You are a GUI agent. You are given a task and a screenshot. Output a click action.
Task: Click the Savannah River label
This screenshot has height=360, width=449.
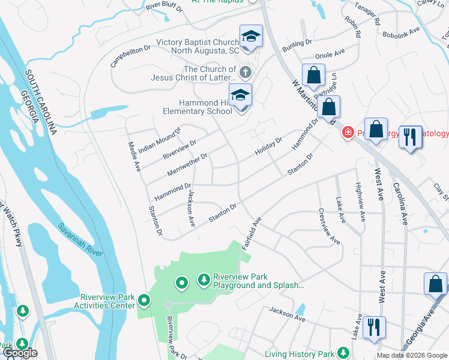tap(80, 239)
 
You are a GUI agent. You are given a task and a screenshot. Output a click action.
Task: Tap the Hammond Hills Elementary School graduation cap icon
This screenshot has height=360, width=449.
tap(241, 95)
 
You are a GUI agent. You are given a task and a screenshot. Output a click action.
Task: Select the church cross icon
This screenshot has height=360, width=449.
tap(244, 73)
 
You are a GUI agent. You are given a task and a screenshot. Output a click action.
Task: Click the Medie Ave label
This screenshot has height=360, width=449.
tap(134, 155)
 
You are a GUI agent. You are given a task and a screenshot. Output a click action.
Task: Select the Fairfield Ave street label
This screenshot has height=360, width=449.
tap(252, 235)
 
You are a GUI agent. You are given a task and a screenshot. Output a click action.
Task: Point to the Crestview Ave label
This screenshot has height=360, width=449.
tap(330, 226)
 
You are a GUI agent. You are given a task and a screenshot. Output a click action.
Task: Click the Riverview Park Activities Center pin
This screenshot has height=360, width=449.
tap(143, 299)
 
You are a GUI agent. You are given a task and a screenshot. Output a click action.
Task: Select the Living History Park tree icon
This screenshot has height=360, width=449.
tap(343, 353)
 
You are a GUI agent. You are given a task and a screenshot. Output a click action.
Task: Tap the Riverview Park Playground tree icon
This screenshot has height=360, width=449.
tap(204, 279)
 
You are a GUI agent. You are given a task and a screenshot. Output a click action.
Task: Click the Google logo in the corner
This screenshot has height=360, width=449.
tap(19, 353)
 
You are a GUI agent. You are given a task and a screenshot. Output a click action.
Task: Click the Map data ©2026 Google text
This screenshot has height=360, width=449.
tap(411, 355)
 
